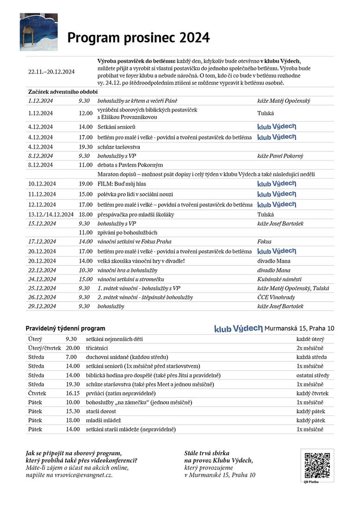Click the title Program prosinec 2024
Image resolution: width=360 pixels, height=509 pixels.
click(x=138, y=37)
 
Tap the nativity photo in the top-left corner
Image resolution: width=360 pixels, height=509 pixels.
click(x=38, y=32)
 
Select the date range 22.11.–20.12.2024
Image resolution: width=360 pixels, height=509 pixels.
click(x=51, y=72)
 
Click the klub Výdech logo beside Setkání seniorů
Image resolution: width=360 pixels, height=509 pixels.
click(x=277, y=127)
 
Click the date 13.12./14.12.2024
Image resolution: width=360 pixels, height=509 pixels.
click(x=51, y=214)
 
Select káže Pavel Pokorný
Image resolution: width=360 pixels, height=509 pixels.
click(x=280, y=156)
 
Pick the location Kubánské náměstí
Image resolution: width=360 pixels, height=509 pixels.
click(x=279, y=279)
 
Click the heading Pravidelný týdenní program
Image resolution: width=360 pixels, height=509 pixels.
click(x=65, y=329)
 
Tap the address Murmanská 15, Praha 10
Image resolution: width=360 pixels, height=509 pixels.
click(x=299, y=329)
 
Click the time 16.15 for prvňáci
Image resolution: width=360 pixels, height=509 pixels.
click(x=73, y=393)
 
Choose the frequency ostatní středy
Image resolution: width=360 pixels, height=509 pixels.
click(x=313, y=375)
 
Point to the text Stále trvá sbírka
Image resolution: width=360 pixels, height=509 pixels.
click(x=207, y=453)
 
